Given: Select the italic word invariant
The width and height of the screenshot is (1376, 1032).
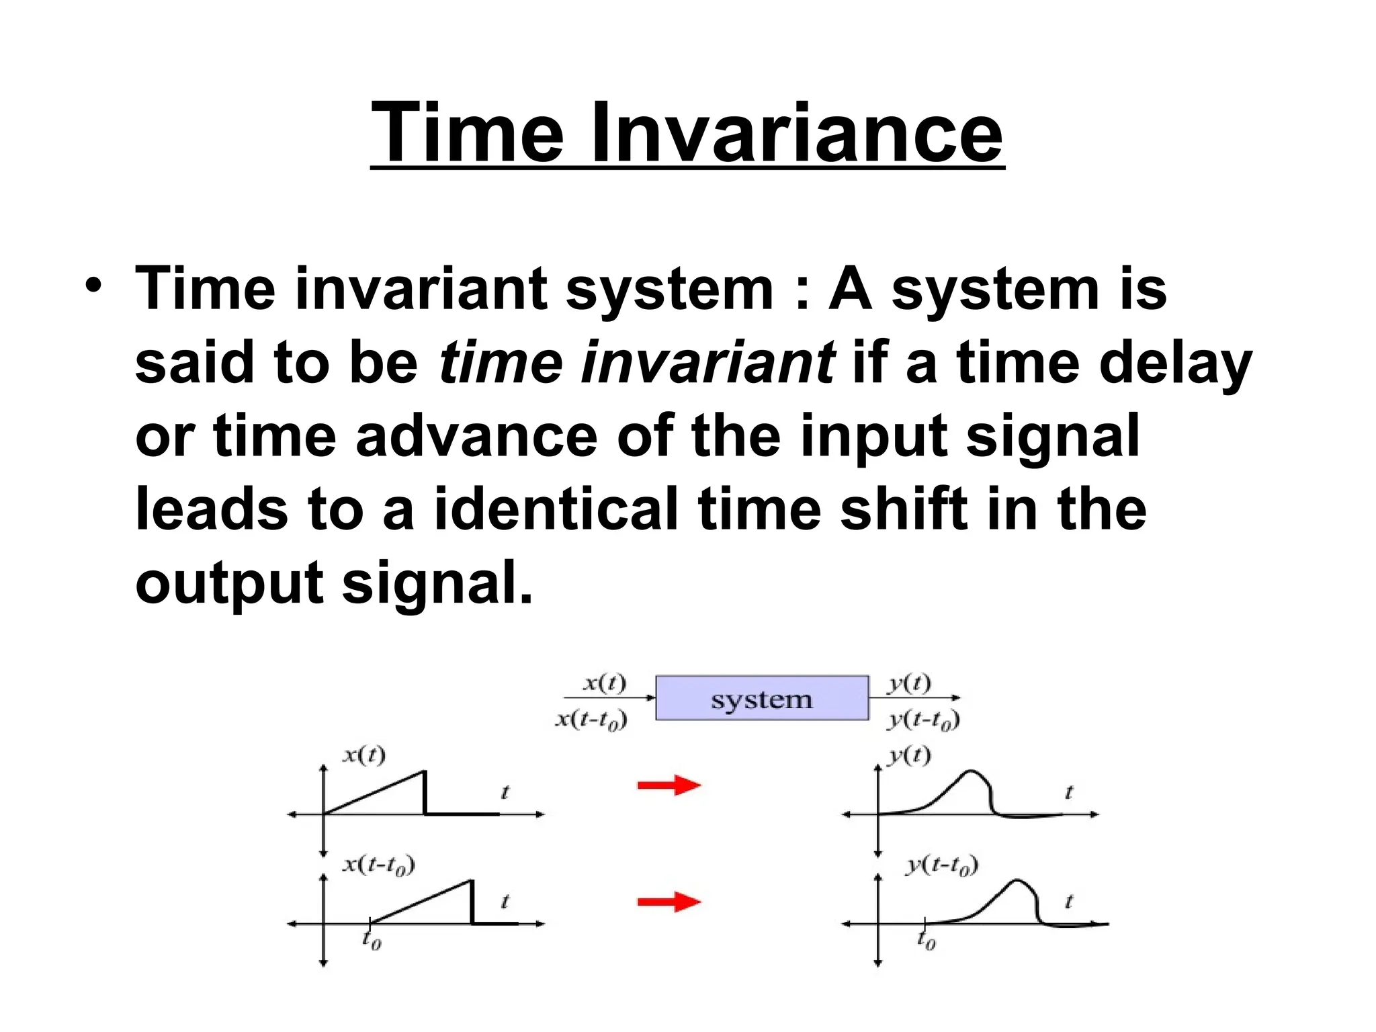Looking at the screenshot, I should coord(708,362).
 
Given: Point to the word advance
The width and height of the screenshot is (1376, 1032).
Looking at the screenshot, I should coord(476,436).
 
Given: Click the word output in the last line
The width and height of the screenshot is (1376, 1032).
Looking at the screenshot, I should coord(229,583).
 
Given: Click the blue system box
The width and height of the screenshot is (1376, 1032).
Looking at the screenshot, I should coord(761,699).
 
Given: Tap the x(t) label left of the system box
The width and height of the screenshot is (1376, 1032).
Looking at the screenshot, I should coord(604,683).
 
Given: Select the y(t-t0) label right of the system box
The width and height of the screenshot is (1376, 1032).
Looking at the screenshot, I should coord(923,720).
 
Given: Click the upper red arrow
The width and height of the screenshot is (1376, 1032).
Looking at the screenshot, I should coord(669,785).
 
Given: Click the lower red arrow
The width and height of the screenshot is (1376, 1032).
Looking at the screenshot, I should coord(669,902).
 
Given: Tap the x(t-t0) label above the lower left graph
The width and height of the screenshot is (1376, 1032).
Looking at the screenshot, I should coord(379,864).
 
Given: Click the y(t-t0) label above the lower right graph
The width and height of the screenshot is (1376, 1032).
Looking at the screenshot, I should coord(941,865).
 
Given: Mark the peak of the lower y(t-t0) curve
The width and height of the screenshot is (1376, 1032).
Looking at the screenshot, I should coord(1019,880).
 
